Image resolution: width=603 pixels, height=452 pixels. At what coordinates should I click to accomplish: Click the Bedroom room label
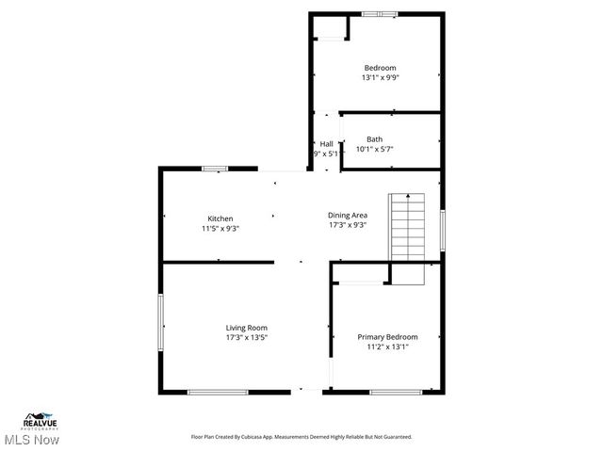[x=380, y=68]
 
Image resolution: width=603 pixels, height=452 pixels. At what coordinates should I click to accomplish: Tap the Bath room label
[x=374, y=139]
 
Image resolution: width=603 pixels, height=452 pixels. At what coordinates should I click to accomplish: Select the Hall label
[x=326, y=144]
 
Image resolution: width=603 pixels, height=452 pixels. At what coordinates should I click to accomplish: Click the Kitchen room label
[x=220, y=218]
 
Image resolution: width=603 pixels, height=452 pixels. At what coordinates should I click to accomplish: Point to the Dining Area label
[x=347, y=215]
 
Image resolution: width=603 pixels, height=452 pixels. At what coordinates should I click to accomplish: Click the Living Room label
[x=246, y=328]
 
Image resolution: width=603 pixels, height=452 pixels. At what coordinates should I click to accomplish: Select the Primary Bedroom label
[x=387, y=336]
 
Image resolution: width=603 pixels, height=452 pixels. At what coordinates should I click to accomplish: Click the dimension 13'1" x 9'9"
[x=380, y=78]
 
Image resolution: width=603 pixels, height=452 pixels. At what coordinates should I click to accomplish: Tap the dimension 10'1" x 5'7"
[x=374, y=149]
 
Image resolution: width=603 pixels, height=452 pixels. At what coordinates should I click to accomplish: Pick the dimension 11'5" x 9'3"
[x=220, y=228]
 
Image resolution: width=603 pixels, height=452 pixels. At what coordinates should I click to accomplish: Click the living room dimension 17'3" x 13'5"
[x=246, y=337]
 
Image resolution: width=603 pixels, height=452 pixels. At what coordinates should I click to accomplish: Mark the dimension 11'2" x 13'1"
[x=387, y=346]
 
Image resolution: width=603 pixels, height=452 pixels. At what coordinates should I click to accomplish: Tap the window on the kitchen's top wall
[x=215, y=169]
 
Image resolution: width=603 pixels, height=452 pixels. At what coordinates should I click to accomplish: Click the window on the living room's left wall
[x=160, y=320]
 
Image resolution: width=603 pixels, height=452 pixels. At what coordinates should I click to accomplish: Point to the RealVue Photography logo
[x=41, y=419]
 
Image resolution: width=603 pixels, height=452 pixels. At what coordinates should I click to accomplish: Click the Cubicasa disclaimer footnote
[x=301, y=437]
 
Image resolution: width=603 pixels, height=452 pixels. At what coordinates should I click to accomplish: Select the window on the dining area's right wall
[x=441, y=229]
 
